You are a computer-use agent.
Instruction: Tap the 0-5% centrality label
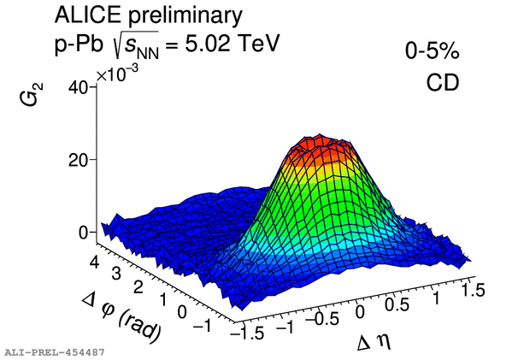tap(433, 53)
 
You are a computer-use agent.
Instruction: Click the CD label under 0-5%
tap(443, 83)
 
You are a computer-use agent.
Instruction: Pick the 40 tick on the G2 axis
tap(79, 87)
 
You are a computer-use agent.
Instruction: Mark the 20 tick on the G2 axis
tap(79, 160)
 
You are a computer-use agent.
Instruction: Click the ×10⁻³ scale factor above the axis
tap(119, 75)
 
